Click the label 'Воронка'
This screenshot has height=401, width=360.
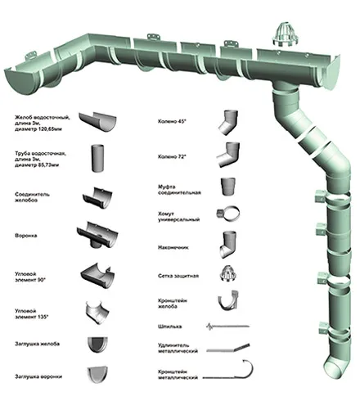(26, 236)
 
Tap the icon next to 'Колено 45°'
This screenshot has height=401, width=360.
(228, 122)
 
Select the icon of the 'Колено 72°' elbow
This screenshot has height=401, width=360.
(228, 155)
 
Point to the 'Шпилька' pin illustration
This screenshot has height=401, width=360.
(227, 327)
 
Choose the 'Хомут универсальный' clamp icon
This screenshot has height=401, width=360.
(228, 214)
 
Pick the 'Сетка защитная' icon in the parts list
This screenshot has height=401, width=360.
(228, 273)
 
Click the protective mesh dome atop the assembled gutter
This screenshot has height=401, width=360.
(286, 34)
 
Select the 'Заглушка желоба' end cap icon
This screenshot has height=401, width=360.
(97, 345)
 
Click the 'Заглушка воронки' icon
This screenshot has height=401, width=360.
(97, 375)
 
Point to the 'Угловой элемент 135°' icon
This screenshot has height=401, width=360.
(97, 312)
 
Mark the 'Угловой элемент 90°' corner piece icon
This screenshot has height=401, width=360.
(97, 276)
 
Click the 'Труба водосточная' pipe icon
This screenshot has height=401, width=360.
(97, 158)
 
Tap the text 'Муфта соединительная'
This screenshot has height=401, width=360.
(179, 190)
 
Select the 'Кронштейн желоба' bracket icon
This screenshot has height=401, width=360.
(228, 301)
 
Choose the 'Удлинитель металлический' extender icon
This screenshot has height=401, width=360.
(228, 349)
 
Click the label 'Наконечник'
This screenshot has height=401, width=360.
(173, 247)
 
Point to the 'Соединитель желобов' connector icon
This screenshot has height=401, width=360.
(97, 198)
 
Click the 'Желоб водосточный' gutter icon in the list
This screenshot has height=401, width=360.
(97, 122)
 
